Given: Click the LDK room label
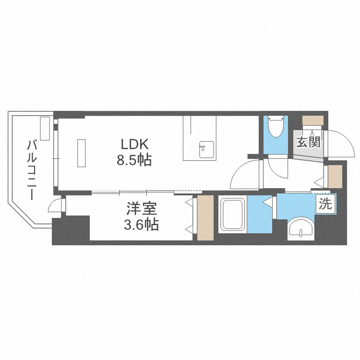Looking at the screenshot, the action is point(134,144).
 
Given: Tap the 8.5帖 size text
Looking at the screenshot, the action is point(134,160).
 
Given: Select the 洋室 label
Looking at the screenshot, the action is point(142,208).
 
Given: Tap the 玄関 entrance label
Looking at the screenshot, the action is point(308,142).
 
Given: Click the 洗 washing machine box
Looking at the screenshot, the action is point(325,204).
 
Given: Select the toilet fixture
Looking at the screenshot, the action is point(276,127).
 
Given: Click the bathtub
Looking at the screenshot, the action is point(233,214).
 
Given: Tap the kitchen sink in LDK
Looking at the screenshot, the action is point(206,149).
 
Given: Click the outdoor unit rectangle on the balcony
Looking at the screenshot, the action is point(45,128).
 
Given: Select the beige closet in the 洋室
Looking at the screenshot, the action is point(205,218).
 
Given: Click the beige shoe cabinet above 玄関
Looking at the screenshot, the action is point(312,120).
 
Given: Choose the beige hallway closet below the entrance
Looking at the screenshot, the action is point(335,177).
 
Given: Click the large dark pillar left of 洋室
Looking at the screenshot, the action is point(71,230).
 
